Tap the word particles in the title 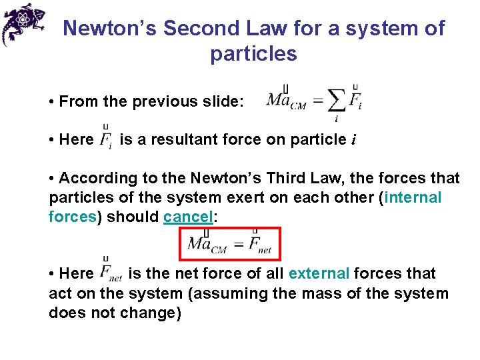tap(253, 54)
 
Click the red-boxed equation tap(231, 244)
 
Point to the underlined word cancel tap(187, 217)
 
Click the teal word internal tap(413, 198)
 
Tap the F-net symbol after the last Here tap(111, 272)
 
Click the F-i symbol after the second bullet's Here tap(105, 139)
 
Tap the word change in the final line tap(154, 313)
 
